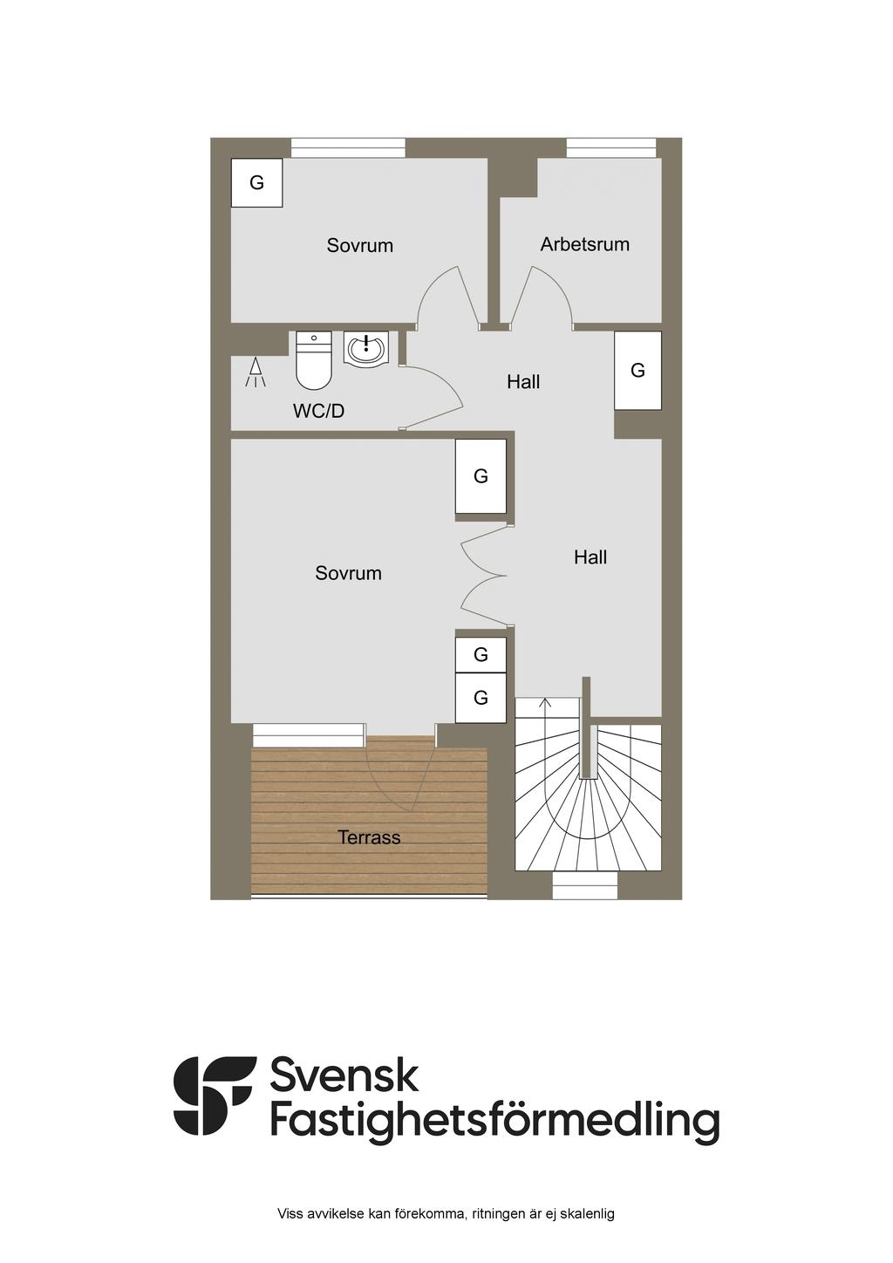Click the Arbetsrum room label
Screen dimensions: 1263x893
[x=584, y=244]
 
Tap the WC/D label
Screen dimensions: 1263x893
[x=318, y=411]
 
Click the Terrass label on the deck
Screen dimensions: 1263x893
[x=369, y=837]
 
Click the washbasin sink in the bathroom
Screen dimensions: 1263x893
[x=365, y=350]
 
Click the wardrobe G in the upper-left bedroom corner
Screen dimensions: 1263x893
[x=256, y=182]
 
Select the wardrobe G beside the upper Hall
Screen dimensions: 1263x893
[x=637, y=370]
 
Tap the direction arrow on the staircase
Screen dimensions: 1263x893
[x=546, y=703]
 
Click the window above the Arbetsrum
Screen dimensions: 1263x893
[x=610, y=148]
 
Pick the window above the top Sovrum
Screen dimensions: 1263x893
[x=348, y=148]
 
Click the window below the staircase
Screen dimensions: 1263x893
[x=585, y=886]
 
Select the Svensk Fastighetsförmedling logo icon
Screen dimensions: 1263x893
[x=215, y=1096]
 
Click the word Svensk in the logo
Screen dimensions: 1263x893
[x=344, y=1075]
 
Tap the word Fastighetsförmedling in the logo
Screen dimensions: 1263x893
[x=494, y=1122]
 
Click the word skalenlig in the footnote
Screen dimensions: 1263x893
[x=587, y=1213]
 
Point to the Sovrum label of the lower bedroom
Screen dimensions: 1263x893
[x=348, y=573]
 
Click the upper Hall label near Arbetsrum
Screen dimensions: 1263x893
[x=523, y=382]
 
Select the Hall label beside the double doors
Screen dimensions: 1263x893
[x=590, y=557]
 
